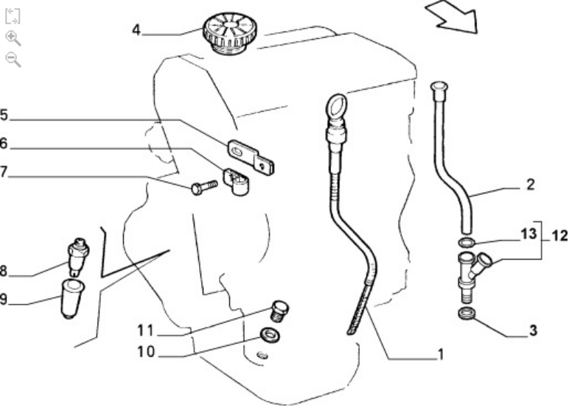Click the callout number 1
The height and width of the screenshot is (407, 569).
pyautogui.click(x=440, y=355)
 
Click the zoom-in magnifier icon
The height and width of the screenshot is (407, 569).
pyautogui.click(x=13, y=38)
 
